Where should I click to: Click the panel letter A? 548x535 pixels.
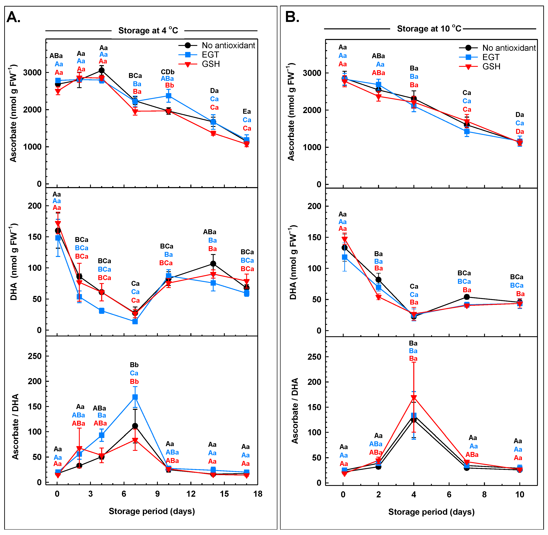(13, 17)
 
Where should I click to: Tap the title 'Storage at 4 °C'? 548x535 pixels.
(148, 30)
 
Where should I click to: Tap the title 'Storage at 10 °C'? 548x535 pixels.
(429, 29)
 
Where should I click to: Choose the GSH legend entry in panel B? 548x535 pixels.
(491, 67)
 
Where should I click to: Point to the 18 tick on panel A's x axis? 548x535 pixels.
(258, 494)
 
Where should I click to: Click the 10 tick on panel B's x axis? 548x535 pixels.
(520, 495)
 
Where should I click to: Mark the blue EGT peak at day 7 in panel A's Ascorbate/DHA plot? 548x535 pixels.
(135, 397)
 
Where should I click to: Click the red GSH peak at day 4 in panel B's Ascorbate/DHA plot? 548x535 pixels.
(414, 398)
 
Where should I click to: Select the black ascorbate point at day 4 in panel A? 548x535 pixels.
(102, 70)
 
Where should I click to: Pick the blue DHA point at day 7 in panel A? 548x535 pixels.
(135, 321)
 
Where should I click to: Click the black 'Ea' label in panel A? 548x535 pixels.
(247, 112)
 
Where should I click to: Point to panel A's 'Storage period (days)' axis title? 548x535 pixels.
(152, 511)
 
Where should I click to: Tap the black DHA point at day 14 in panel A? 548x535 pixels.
(213, 264)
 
